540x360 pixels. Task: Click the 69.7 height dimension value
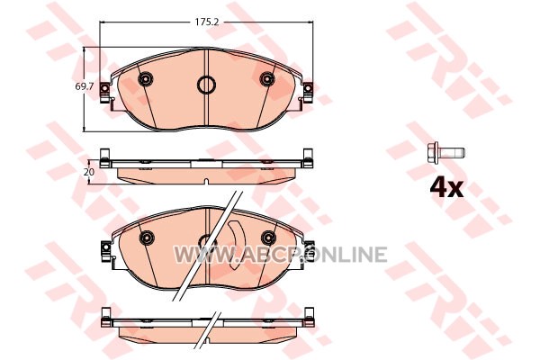point(85,86)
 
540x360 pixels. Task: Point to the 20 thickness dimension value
point(89,172)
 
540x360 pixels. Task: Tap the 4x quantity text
point(446,188)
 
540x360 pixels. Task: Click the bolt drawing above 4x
point(445,152)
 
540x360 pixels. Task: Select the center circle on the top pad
point(207,85)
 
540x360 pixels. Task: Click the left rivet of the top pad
point(145,79)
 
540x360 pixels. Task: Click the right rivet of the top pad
point(267,79)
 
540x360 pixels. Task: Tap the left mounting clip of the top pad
point(105,92)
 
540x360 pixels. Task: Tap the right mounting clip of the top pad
point(308,92)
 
